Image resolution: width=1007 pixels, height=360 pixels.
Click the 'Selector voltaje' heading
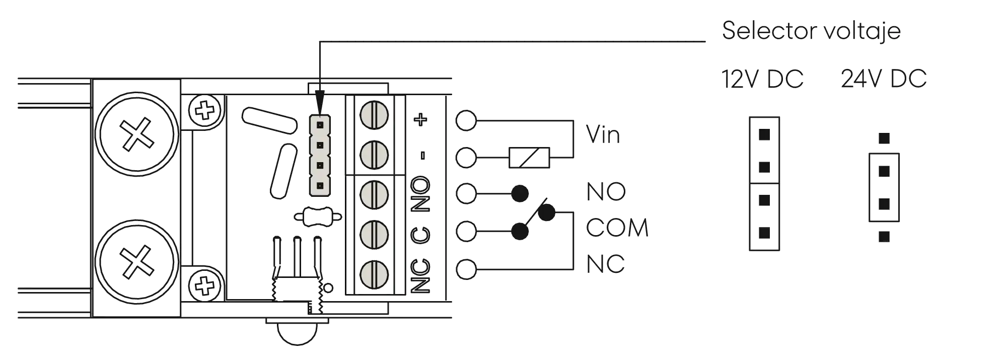point(811,31)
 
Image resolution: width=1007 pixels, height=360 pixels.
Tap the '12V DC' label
point(762,79)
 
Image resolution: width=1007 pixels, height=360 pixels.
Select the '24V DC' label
point(884,79)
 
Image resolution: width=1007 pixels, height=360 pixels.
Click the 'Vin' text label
point(603,135)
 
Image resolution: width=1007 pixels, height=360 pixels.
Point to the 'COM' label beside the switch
point(617,228)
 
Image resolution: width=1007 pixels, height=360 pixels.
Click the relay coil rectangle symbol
point(529,158)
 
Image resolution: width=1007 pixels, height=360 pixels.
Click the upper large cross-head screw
point(137,134)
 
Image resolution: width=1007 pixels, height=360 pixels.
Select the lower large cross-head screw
point(137,261)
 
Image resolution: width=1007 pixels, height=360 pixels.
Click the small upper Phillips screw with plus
point(204,110)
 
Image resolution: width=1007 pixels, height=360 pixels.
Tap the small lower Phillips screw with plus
point(204,285)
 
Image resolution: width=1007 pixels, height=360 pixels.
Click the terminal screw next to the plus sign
point(374,114)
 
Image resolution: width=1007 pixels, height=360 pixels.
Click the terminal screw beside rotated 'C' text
point(374,234)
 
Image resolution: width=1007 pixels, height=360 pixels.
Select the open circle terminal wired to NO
point(466,193)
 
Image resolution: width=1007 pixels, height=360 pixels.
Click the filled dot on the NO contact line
point(520,193)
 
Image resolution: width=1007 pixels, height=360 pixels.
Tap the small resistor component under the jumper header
point(318,217)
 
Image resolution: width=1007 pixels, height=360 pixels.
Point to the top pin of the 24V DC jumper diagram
point(884,138)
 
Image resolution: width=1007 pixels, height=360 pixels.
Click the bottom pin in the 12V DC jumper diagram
point(764,233)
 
